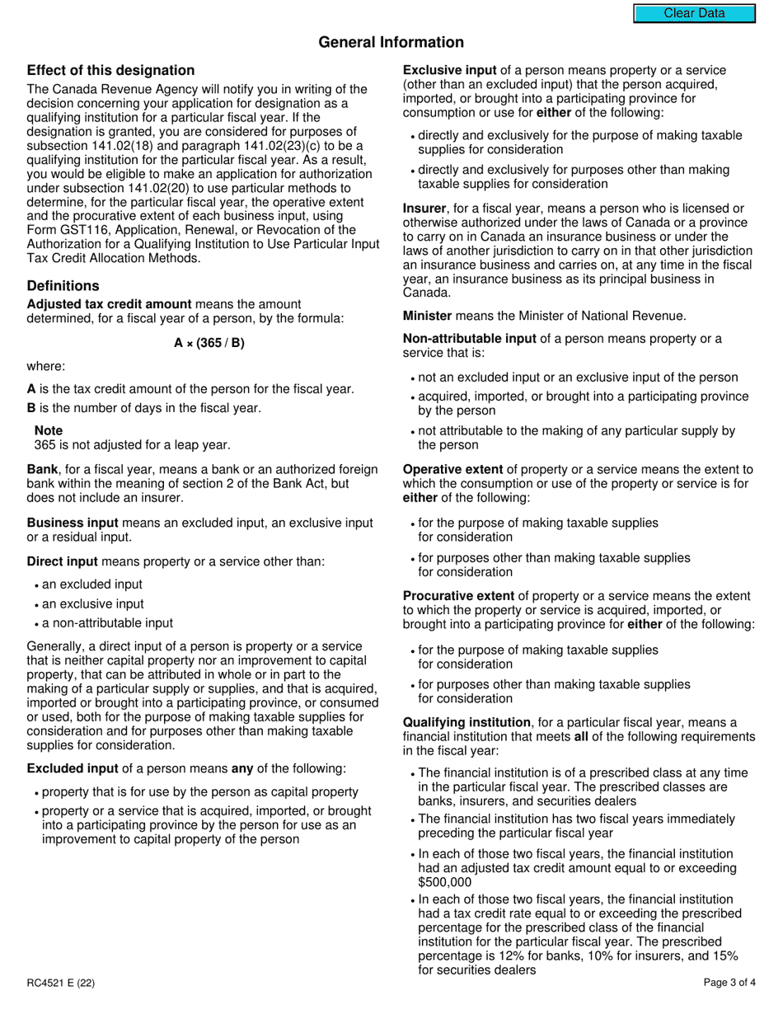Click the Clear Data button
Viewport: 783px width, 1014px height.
694,13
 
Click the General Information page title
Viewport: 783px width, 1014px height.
391,42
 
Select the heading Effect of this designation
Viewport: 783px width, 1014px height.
110,70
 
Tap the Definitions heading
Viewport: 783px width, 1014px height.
63,286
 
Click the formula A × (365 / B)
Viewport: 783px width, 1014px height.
209,343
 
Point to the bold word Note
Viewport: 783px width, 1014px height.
49,430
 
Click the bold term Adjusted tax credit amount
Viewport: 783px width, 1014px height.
109,304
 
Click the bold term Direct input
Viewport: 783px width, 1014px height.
62,561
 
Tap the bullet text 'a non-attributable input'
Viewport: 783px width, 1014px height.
107,623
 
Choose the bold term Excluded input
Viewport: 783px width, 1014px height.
73,768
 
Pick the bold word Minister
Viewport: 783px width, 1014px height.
427,315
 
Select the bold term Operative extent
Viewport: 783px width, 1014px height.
452,469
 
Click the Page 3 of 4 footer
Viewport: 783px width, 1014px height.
729,983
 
